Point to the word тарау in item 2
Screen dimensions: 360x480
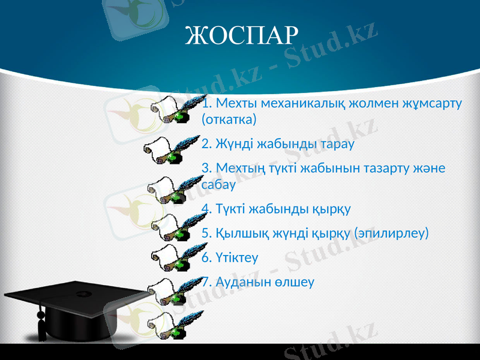click(337, 145)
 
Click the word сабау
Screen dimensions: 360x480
click(218, 185)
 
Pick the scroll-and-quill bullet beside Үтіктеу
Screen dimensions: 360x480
click(172, 257)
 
